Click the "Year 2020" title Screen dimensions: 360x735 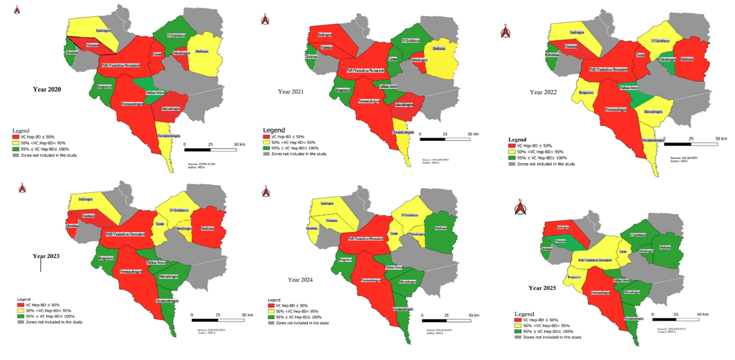47,89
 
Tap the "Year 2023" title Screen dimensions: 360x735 46,256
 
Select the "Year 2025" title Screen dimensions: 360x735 542,288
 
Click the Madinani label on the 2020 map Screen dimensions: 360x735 202,51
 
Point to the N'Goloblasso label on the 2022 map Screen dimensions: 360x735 660,41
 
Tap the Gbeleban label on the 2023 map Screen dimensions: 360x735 72,226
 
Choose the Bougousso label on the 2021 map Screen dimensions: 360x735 342,90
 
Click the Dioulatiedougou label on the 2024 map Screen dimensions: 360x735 403,309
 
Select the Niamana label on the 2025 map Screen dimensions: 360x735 560,241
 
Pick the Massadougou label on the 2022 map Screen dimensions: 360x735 653,112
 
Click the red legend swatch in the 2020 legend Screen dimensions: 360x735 16,137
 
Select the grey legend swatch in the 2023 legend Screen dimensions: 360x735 21,322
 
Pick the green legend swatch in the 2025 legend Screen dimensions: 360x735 518,332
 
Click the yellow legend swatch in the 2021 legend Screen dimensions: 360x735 266,142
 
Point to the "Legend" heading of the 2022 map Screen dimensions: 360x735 517,140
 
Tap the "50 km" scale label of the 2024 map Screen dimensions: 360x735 474,315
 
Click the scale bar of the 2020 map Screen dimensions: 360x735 210,150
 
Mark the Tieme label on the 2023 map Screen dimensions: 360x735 160,224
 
